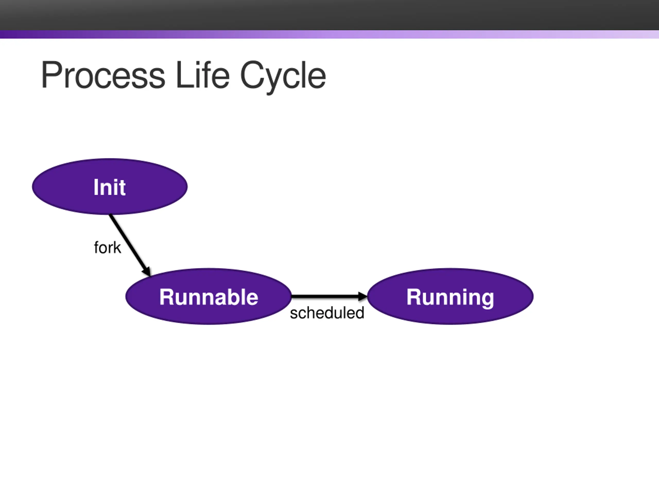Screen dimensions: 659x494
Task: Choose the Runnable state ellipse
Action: pyautogui.click(x=209, y=296)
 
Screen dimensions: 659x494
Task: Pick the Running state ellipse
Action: pyautogui.click(x=450, y=296)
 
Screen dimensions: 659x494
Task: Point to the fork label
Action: pyautogui.click(x=108, y=248)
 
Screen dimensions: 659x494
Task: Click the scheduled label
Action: pyautogui.click(x=327, y=313)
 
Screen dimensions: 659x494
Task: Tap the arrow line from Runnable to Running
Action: pyautogui.click(x=329, y=296)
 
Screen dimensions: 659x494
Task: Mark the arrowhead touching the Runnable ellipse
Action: pyautogui.click(x=146, y=271)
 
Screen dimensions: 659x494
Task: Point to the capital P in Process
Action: pyautogui.click(x=51, y=74)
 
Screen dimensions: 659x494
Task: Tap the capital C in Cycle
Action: pyautogui.click(x=251, y=74)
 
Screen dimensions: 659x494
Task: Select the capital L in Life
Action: pyautogui.click(x=184, y=74)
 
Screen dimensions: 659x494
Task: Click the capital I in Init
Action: pyautogui.click(x=96, y=187)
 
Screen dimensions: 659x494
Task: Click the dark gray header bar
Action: pyautogui.click(x=329, y=15)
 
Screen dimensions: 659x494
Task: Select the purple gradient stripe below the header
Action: pyautogui.click(x=329, y=34)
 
